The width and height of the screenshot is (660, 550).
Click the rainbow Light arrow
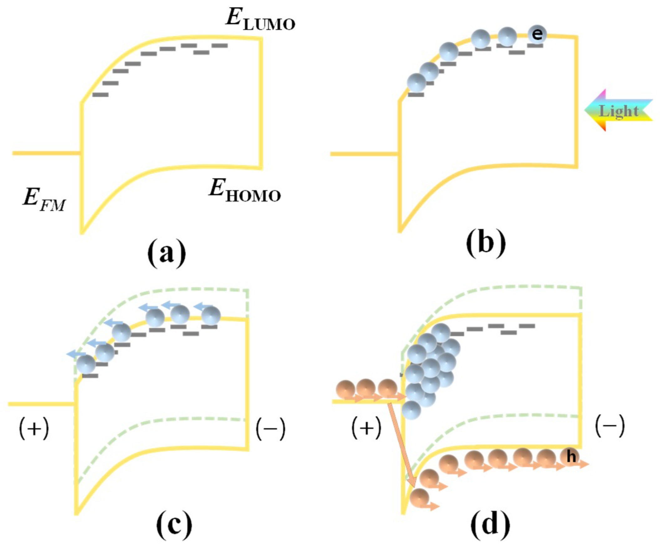click(618, 110)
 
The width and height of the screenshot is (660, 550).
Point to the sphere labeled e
click(537, 34)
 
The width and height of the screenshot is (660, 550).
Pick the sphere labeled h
click(571, 457)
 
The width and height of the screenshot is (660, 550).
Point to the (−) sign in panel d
click(610, 427)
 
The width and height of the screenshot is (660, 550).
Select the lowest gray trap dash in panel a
click(100, 95)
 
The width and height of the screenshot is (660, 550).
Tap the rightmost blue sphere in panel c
click(211, 315)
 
